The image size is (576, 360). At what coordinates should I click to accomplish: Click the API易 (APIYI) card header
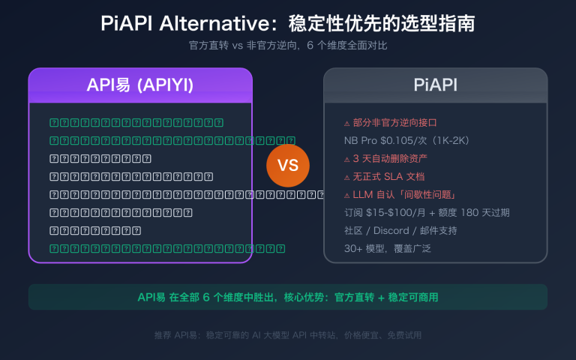click(140, 85)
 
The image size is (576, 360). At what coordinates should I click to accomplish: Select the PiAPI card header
click(435, 85)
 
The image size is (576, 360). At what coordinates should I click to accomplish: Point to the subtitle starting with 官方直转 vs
click(288, 45)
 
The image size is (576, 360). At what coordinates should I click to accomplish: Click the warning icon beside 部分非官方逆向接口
click(346, 124)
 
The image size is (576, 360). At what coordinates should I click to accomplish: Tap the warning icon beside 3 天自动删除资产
click(346, 160)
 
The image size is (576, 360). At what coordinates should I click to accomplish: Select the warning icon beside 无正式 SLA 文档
click(346, 178)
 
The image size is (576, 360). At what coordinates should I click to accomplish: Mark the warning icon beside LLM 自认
click(346, 196)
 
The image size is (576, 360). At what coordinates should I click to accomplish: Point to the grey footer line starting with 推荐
click(288, 335)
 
